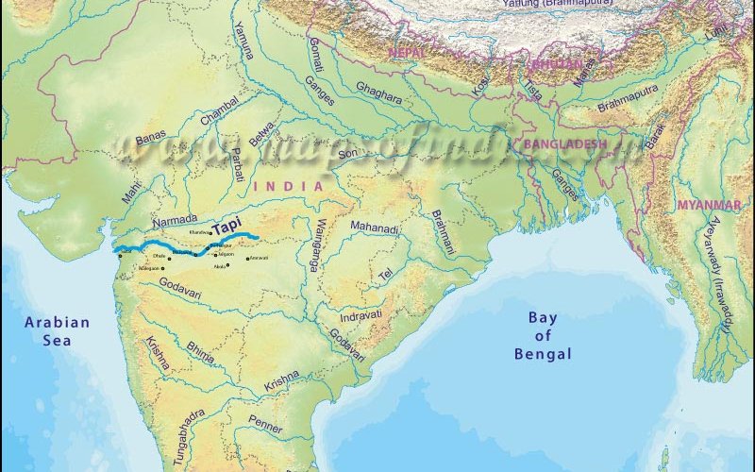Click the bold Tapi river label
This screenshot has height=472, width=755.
(226, 228)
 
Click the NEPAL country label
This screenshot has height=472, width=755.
(409, 54)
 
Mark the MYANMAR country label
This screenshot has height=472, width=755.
(708, 205)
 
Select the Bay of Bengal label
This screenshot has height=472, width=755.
(543, 335)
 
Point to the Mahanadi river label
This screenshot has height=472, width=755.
(375, 228)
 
